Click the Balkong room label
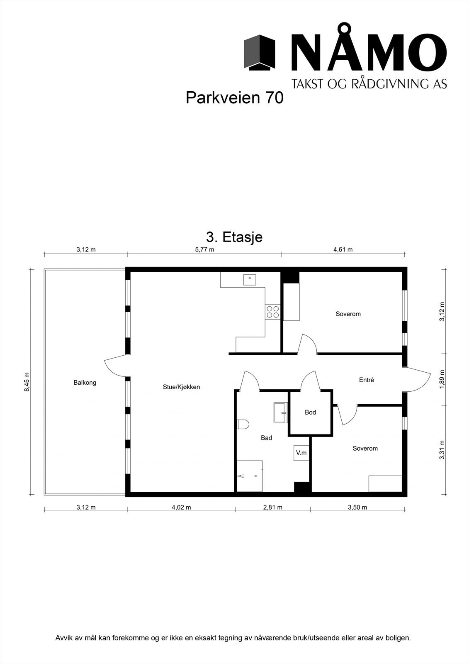pos(85,383)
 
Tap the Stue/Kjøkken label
pos(181,387)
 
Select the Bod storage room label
pos(310,413)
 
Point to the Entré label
pos(367,380)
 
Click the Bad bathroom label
pos(266,438)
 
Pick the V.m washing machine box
pos(301,453)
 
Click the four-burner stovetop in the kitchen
pos(272,312)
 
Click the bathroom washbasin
pos(281,413)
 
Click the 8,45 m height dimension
pos(27,381)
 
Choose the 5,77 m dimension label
pos(204,249)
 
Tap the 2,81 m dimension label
pos(272,508)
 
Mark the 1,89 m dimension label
pos(442,379)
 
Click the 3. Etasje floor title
pos(234,237)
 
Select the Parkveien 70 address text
pos(234,98)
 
